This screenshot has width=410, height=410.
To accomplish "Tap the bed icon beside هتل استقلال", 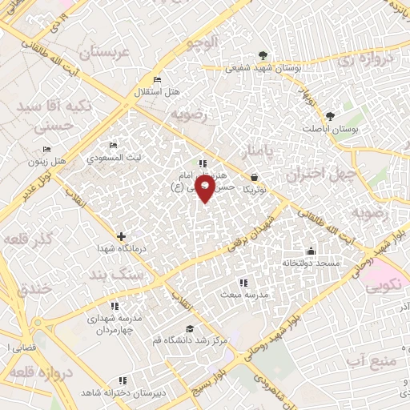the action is [x=156, y=79].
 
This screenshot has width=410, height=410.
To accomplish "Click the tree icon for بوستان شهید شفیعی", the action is [x=264, y=56].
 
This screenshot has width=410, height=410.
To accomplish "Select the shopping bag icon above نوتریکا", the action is [x=255, y=177].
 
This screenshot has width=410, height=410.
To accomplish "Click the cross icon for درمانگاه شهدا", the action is [x=121, y=236].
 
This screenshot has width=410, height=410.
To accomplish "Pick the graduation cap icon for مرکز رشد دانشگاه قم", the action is [x=189, y=328].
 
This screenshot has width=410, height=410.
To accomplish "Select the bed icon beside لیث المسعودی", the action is [x=113, y=145].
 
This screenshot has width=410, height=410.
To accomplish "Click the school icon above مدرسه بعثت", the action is [x=243, y=283].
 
